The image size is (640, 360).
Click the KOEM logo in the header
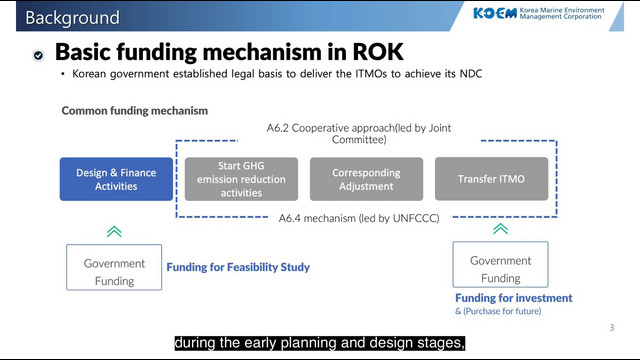(495, 13)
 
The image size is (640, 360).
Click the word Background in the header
(72, 18)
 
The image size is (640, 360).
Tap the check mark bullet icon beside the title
(38, 55)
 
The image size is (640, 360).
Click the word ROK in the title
(378, 52)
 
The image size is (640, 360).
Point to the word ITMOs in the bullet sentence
(371, 74)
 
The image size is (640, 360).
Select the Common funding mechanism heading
(135, 111)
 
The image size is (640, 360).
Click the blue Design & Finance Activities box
(116, 179)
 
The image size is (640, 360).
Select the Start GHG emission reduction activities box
(241, 179)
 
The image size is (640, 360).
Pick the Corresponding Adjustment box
(366, 179)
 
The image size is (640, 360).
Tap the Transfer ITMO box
(491, 179)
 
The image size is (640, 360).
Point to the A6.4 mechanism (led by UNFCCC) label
(359, 218)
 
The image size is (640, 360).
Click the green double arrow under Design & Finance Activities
(114, 231)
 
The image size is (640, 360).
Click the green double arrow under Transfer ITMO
(500, 229)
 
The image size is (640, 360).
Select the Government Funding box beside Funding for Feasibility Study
(114, 267)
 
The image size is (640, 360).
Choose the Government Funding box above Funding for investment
(500, 264)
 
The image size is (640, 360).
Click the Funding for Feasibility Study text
(238, 267)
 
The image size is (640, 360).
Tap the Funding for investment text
(513, 298)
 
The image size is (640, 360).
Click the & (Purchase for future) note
(498, 311)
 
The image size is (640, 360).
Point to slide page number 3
(612, 328)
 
